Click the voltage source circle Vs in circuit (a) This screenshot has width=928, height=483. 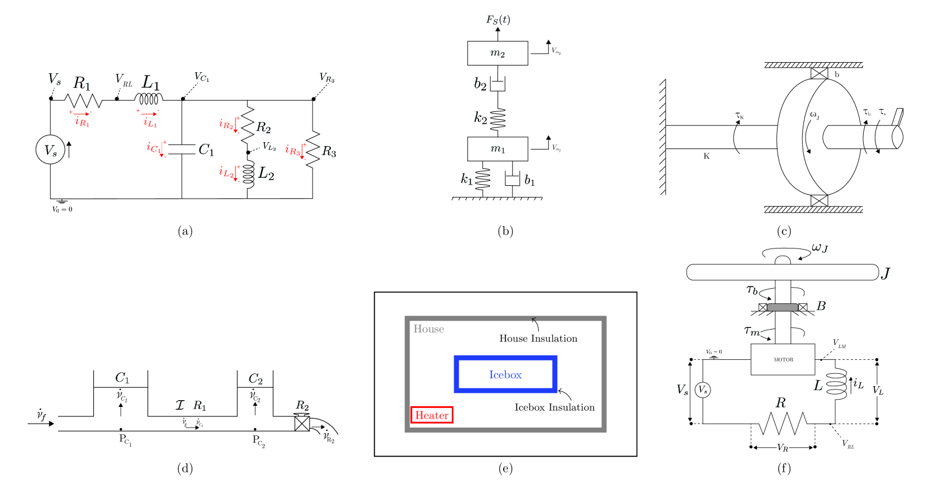pyautogui.click(x=50, y=150)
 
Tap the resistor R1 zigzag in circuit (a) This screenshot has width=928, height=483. pyautogui.click(x=83, y=101)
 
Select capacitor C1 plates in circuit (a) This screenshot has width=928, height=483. pyautogui.click(x=182, y=149)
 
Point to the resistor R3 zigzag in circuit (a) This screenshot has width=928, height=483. pyautogui.click(x=313, y=148)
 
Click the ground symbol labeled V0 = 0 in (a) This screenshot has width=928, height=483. pyautogui.click(x=61, y=201)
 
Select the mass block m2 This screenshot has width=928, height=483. pyautogui.click(x=498, y=53)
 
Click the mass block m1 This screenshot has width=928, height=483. pyautogui.click(x=498, y=149)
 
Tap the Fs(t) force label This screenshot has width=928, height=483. pyautogui.click(x=498, y=20)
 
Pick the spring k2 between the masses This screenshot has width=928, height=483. pyautogui.click(x=498, y=118)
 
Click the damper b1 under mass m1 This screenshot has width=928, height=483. pyautogui.click(x=512, y=179)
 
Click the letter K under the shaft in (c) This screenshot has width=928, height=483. pyautogui.click(x=706, y=156)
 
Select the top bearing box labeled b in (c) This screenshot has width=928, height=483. pyautogui.click(x=819, y=73)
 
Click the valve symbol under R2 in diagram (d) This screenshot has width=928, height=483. pyautogui.click(x=302, y=424)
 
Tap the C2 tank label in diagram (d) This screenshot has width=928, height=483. pyautogui.click(x=255, y=379)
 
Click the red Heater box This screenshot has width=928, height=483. pyautogui.click(x=432, y=415)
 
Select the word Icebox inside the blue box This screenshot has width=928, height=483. pyautogui.click(x=505, y=375)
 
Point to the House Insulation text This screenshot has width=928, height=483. pyautogui.click(x=538, y=339)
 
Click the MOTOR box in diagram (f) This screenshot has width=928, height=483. pyautogui.click(x=783, y=359)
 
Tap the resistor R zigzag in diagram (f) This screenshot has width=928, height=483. pyautogui.click(x=783, y=423)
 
